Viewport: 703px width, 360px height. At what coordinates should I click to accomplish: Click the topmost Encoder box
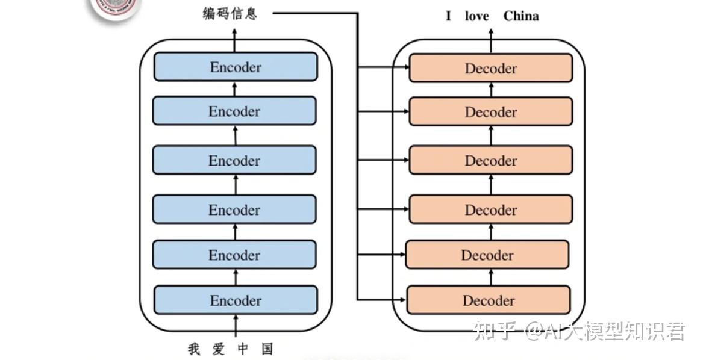click(236, 67)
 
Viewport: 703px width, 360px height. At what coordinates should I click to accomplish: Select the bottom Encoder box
click(236, 300)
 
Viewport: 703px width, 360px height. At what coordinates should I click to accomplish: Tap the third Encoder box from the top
click(234, 161)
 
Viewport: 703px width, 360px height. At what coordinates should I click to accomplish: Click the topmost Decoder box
click(490, 68)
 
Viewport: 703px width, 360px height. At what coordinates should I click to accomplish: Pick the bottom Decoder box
click(489, 300)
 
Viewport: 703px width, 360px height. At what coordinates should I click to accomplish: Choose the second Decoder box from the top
click(490, 112)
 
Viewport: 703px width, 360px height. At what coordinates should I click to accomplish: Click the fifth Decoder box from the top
click(487, 255)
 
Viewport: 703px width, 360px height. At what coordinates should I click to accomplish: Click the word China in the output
click(520, 16)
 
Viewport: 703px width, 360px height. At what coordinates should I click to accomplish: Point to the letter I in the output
click(448, 16)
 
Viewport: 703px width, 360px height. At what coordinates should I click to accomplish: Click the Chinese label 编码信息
click(230, 13)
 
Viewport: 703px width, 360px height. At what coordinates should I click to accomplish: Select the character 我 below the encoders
click(193, 349)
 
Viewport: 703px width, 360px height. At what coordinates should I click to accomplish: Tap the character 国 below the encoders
click(267, 349)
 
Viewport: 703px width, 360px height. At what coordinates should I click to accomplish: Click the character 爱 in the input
click(218, 349)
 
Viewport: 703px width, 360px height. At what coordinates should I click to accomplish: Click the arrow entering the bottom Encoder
click(236, 325)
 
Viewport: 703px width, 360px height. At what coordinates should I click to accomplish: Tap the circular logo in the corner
click(114, 7)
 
